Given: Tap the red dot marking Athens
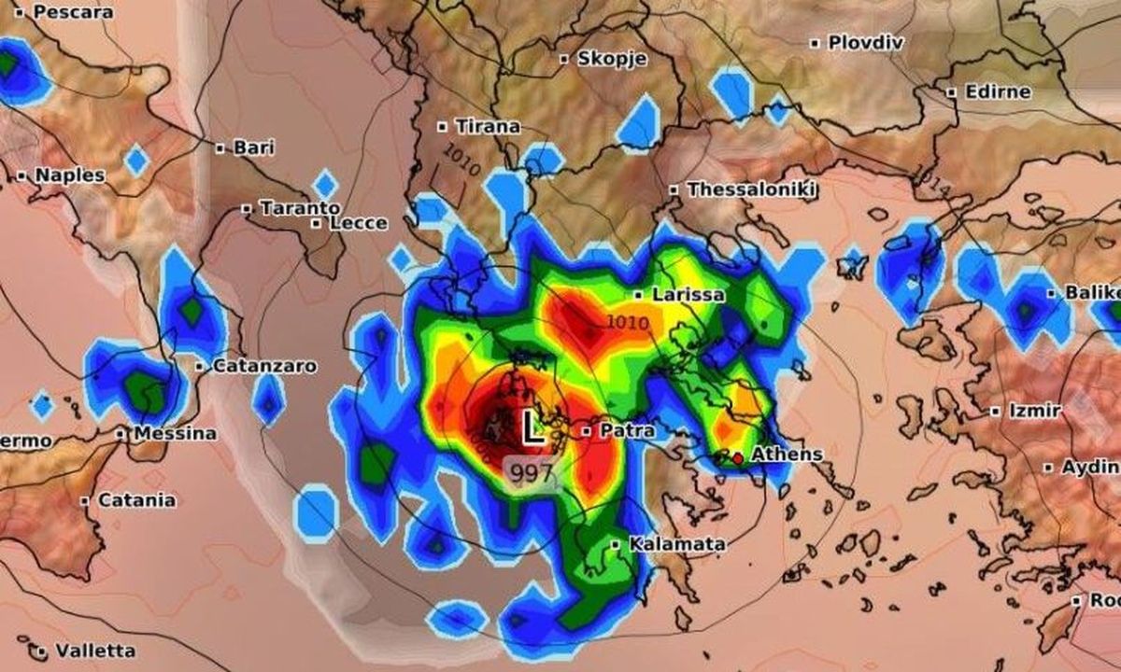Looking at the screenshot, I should pyautogui.click(x=738, y=458).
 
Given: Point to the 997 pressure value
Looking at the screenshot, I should pyautogui.click(x=532, y=473).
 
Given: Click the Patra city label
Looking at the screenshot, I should pyautogui.click(x=628, y=431).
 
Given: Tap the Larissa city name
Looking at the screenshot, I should pyautogui.click(x=688, y=295).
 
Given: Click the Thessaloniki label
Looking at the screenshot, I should pyautogui.click(x=752, y=189).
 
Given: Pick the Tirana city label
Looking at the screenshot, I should pyautogui.click(x=487, y=126).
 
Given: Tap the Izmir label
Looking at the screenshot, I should pyautogui.click(x=1034, y=411).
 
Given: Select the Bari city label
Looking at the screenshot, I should pyautogui.click(x=253, y=147).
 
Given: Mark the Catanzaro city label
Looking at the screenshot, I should pyautogui.click(x=264, y=367).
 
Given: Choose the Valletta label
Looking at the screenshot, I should pyautogui.click(x=94, y=651).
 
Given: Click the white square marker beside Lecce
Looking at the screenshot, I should pyautogui.click(x=318, y=223).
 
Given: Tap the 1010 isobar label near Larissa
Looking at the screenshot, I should pyautogui.click(x=628, y=324).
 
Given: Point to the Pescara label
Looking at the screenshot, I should pyautogui.click(x=71, y=12).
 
